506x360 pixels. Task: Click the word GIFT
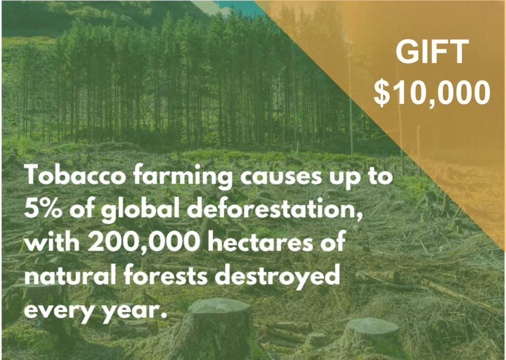tap(432, 52)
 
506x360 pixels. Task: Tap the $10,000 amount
tap(432, 92)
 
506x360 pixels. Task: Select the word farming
tap(183, 177)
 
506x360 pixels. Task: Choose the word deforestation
tap(275, 210)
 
